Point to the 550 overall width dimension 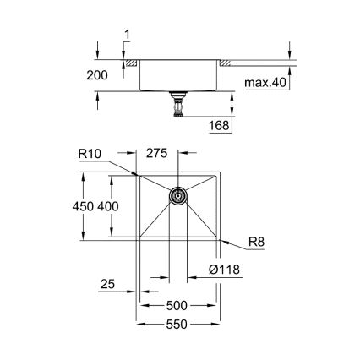click(178, 325)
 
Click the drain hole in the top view click(178, 196)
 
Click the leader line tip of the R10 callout click(138, 176)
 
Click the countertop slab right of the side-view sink click(254, 62)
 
